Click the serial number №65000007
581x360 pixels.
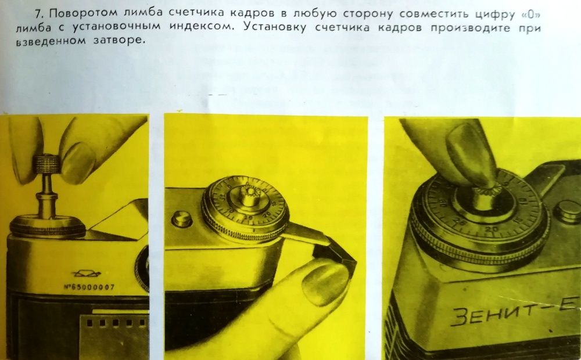pos(90,286)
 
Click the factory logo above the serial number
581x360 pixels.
pos(85,272)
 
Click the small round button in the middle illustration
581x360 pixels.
pos(182,218)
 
